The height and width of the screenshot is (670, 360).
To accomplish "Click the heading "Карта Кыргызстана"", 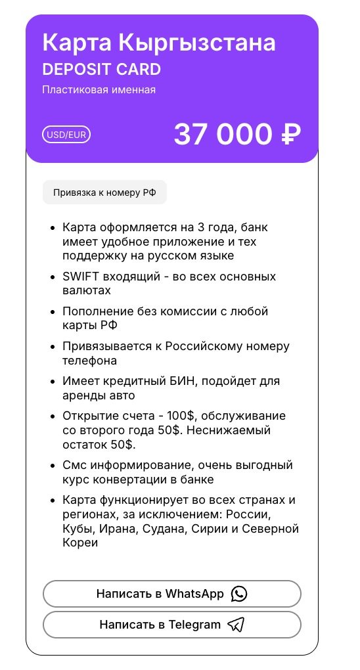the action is (x=159, y=43).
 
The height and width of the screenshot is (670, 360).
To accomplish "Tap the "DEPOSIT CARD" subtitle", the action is (x=101, y=70).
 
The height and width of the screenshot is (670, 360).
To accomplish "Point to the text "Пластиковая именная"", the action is (x=99, y=90).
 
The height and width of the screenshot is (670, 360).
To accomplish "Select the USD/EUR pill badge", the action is (x=66, y=135).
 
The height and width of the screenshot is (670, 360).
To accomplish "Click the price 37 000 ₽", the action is (x=237, y=135).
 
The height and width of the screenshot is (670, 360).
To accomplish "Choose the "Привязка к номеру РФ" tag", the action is (x=104, y=192).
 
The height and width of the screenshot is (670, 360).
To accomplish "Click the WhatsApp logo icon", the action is (x=239, y=594).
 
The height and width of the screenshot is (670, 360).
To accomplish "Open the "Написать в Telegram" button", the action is (x=172, y=625).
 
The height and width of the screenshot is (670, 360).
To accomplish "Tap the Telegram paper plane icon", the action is (x=235, y=625).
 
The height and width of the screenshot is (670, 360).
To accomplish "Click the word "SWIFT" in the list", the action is (x=80, y=277).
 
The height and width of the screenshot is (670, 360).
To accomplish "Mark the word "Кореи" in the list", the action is (x=80, y=543).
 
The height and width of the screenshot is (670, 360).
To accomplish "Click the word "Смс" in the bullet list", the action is (x=74, y=465).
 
